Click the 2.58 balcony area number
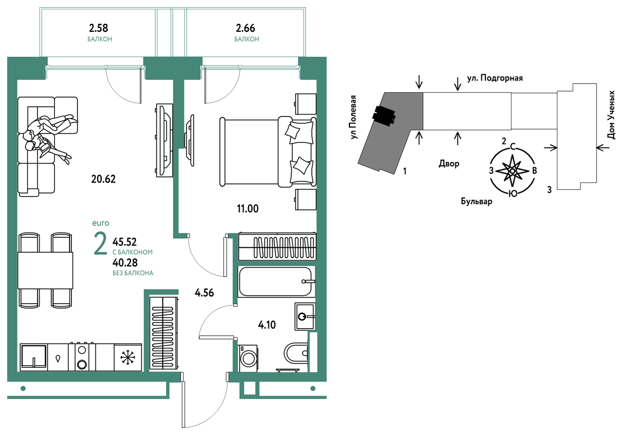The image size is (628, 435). click(98, 28)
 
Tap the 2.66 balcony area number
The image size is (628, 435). click(245, 28)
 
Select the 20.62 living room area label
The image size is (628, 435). click(103, 179)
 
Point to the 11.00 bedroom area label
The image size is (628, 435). click(247, 209)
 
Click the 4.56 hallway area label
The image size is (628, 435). click(204, 293)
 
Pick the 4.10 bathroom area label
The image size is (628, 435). click(267, 325)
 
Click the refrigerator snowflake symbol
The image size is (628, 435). click(128, 358)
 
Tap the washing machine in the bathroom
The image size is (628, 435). click(248, 358)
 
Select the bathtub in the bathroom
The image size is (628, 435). click(276, 281)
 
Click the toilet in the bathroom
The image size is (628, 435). click(296, 353)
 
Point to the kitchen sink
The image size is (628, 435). click(33, 356)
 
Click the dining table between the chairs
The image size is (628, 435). click(45, 270)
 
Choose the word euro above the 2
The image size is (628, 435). click(100, 223)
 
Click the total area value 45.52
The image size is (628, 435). click(124, 242)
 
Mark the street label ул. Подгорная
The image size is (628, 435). click(495, 78)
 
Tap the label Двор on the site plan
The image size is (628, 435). click(449, 164)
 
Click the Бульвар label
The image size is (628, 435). click(476, 201)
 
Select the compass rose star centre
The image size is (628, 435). click(512, 171)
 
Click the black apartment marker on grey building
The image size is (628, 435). click(383, 116)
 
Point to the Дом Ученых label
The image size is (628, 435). click(611, 114)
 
